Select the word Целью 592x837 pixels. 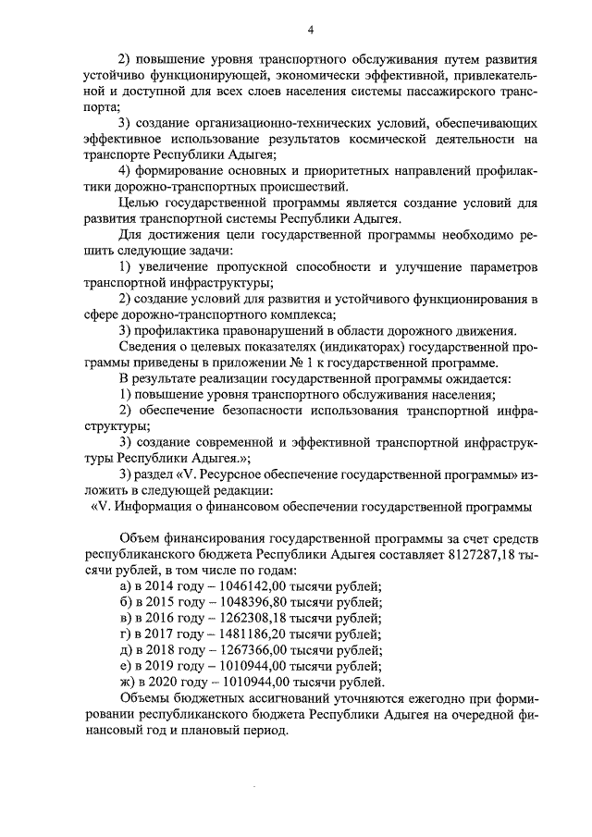(142, 203)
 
